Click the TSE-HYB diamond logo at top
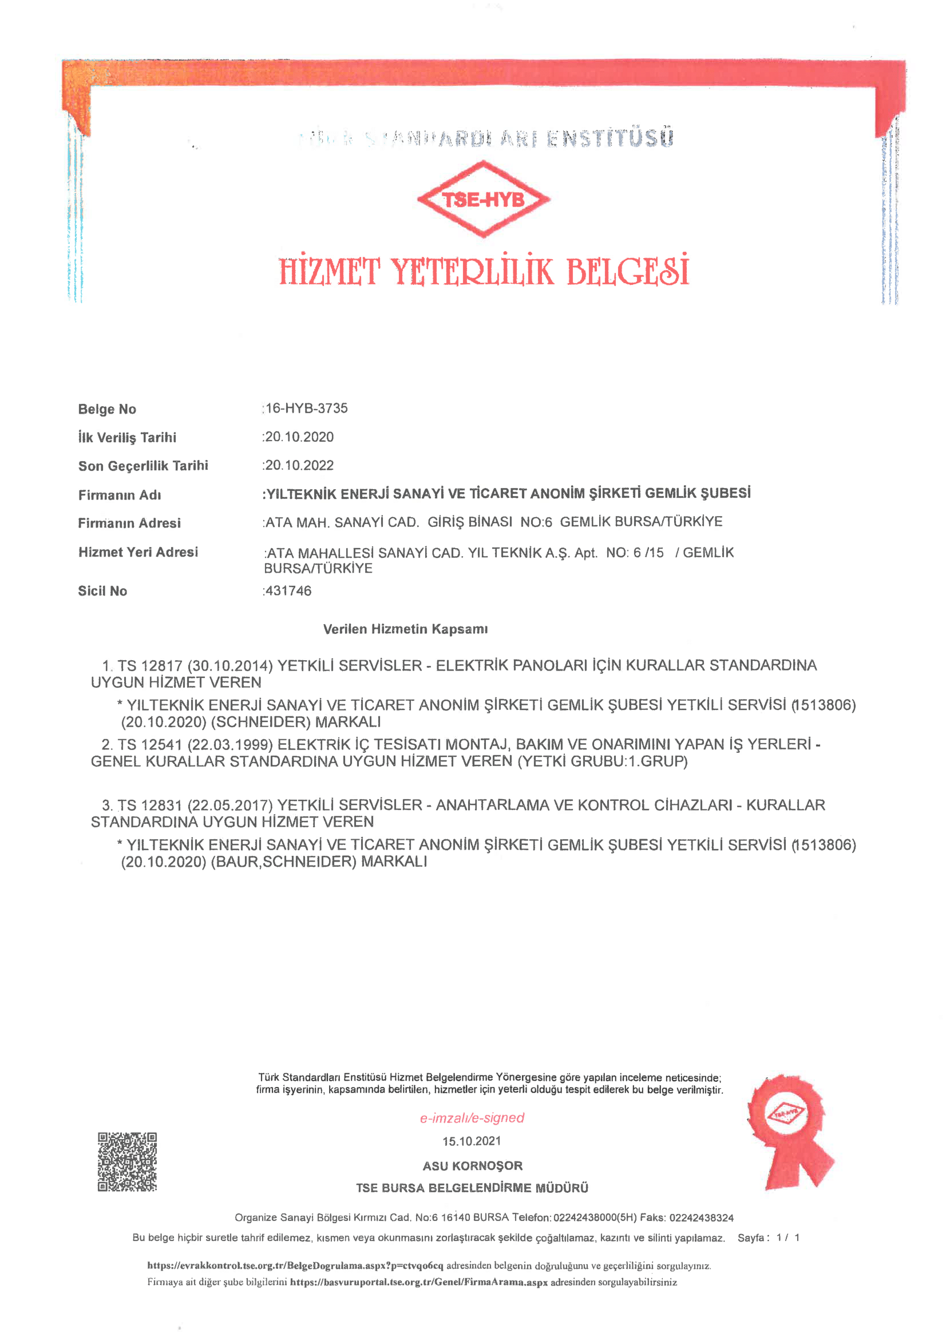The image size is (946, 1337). [x=483, y=200]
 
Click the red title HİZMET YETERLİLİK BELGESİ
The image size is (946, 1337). [x=484, y=271]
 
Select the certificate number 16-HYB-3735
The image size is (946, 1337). [x=306, y=408]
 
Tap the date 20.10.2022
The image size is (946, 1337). [x=299, y=465]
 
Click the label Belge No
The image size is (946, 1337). [x=107, y=410]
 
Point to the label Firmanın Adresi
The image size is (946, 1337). [x=129, y=523]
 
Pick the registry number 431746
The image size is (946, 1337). [x=288, y=591]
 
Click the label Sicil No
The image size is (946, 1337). [x=102, y=591]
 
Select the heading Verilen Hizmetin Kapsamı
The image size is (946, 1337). [x=405, y=629]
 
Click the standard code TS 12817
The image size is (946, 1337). [x=151, y=665]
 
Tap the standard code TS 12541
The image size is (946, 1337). [x=151, y=745]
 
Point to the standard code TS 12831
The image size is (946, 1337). [x=151, y=806]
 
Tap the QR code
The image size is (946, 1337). [x=127, y=1162]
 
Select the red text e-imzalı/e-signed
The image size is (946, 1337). [x=472, y=1117]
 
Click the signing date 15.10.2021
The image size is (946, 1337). [x=472, y=1141]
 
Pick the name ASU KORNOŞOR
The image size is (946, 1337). [x=472, y=1166]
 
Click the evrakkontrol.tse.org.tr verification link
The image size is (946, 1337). [x=295, y=1265]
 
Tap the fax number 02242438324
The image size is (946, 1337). [x=702, y=1217]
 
